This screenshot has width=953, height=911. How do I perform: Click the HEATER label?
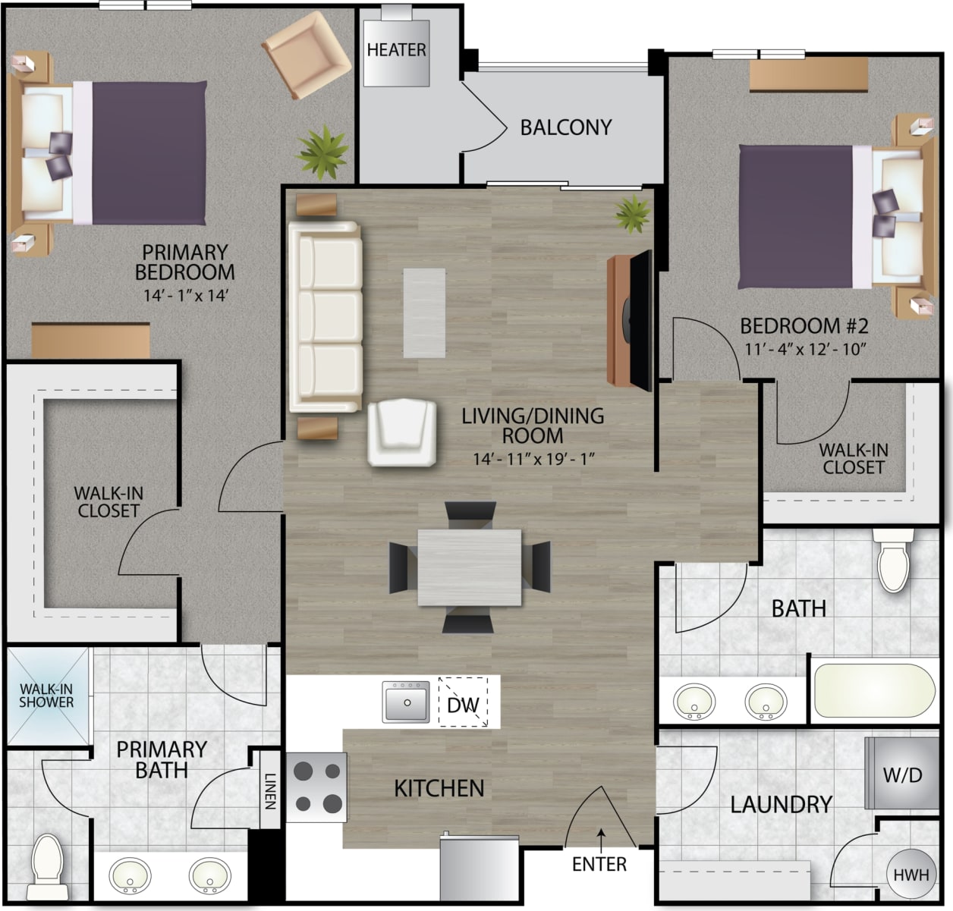(x=396, y=50)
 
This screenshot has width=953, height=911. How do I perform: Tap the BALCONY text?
(x=565, y=127)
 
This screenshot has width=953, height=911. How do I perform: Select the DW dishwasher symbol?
(x=463, y=705)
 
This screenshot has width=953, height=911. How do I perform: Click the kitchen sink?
(x=405, y=702)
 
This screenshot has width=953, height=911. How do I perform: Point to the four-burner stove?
(x=317, y=787)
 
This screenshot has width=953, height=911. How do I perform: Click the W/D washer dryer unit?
(x=901, y=774)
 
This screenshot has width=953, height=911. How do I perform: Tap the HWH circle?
(x=911, y=875)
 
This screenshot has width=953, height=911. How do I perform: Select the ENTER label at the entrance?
(x=599, y=864)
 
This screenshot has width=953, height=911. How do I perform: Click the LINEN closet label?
(x=270, y=790)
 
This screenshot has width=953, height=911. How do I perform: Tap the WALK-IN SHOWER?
(x=46, y=696)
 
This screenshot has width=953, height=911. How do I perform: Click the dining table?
(x=469, y=567)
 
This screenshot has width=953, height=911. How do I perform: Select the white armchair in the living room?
(x=402, y=432)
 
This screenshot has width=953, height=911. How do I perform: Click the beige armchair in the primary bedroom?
(x=307, y=56)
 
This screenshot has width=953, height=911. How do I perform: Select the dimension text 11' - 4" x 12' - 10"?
(x=804, y=350)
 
